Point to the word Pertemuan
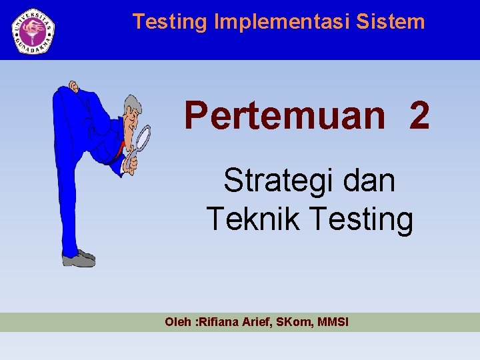tap(285, 115)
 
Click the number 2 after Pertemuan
tap(419, 115)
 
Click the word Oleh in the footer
tap(177, 323)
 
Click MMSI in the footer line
tap(335, 323)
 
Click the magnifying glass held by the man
tap(142, 139)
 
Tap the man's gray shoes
tap(79, 258)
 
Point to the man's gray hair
tap(131, 103)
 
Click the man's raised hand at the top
tap(73, 87)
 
